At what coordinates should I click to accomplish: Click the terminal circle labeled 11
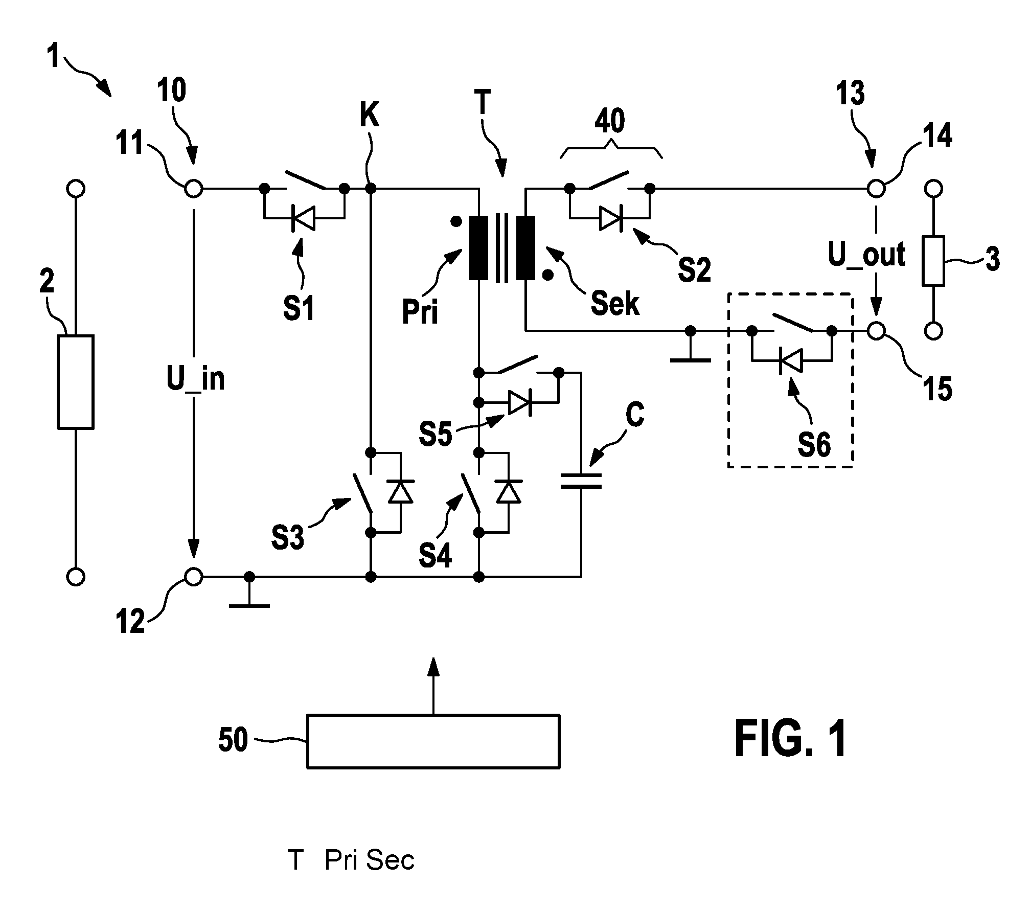coord(193,189)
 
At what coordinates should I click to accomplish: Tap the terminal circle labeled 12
coord(193,577)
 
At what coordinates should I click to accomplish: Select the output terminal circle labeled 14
coord(876,189)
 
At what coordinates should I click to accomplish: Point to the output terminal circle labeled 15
coord(876,331)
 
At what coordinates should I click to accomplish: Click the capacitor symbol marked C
coord(581,481)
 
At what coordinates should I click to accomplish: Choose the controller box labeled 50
coord(433,741)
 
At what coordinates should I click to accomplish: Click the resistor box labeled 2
coord(75,381)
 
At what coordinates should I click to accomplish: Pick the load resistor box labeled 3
coord(933,261)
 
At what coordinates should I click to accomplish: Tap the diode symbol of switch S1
coord(303,219)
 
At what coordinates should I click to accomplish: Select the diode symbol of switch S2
coord(610,219)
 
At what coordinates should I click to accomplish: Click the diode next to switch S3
coord(400,492)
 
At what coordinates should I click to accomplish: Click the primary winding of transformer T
coord(479,248)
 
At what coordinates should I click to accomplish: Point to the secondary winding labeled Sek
coord(525,248)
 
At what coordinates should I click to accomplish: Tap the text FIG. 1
coord(791,739)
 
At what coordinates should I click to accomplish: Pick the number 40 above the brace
coord(610,121)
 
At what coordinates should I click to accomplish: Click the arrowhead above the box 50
coord(433,667)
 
